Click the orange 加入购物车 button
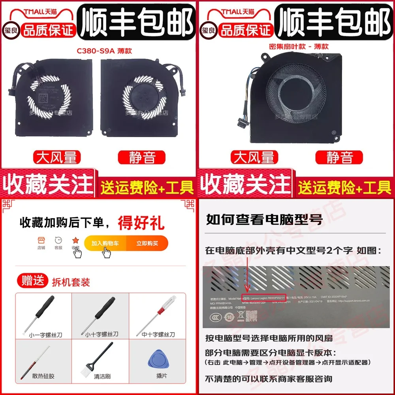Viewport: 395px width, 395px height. pyautogui.click(x=105, y=243)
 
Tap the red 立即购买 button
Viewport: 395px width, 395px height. pyautogui.click(x=147, y=243)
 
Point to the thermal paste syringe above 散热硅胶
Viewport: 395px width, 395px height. pyautogui.click(x=42, y=357)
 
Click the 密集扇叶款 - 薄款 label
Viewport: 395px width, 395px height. pyautogui.click(x=295, y=47)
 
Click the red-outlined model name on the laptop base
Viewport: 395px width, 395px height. pyautogui.click(x=265, y=297)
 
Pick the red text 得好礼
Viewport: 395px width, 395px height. pyautogui.click(x=141, y=223)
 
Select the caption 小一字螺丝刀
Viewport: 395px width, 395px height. pyautogui.click(x=45, y=335)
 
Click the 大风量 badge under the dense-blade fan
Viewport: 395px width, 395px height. pyautogui.click(x=254, y=158)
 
